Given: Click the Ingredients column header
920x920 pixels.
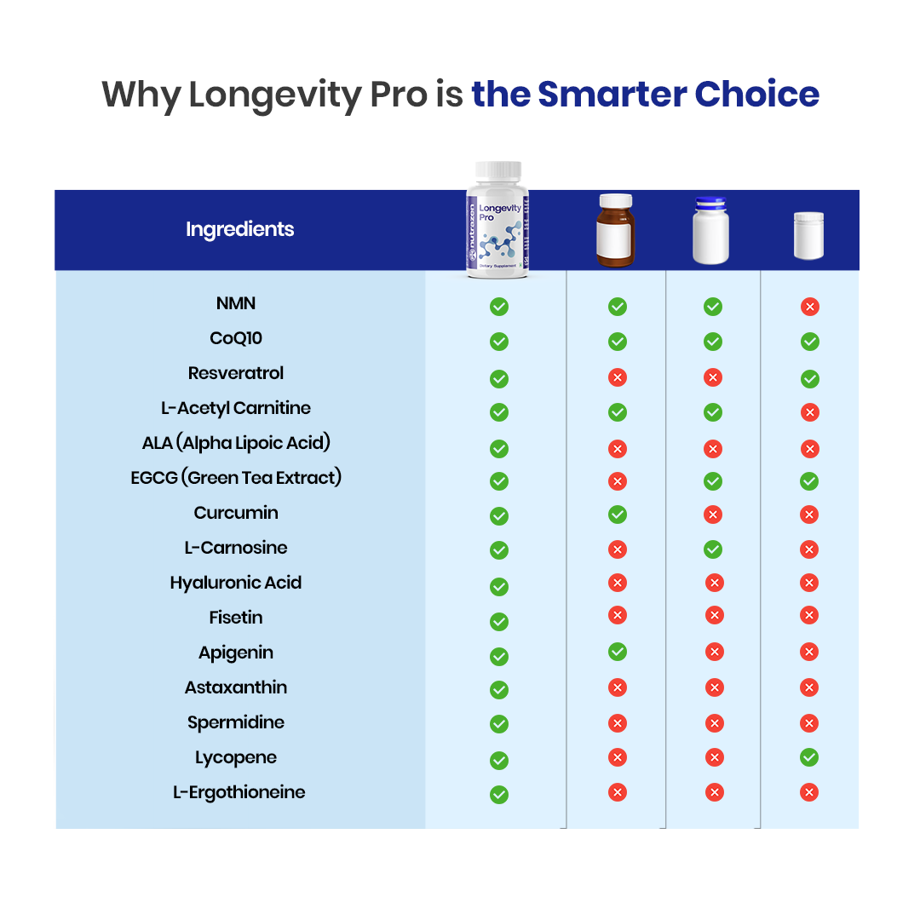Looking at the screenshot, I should click(239, 229).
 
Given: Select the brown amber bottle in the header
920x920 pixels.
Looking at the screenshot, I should click(616, 230).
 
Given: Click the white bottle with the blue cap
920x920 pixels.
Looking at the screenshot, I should click(713, 230).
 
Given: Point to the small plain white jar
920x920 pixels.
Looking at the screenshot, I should click(808, 235).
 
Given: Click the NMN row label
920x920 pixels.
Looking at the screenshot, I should click(236, 303).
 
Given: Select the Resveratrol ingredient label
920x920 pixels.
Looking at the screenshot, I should click(236, 373).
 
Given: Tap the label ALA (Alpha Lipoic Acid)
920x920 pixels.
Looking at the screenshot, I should click(236, 443).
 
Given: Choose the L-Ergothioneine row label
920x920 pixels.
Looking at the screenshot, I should click(239, 792).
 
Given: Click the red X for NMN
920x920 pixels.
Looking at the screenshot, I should click(809, 307).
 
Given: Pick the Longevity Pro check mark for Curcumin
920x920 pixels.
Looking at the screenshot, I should click(499, 516).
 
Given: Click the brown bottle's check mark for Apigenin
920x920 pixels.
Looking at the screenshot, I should click(618, 652).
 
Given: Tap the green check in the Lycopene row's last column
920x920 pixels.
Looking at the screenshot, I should click(809, 757).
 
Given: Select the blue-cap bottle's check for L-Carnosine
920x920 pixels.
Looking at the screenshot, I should click(713, 549).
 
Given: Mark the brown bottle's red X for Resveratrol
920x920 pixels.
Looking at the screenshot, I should click(618, 377).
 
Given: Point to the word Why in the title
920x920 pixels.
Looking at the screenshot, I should click(141, 94).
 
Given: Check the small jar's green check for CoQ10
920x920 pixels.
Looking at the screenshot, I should click(809, 342).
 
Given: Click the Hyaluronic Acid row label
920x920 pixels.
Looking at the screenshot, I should click(236, 583).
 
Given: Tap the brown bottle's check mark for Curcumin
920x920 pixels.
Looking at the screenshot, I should click(618, 515).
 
